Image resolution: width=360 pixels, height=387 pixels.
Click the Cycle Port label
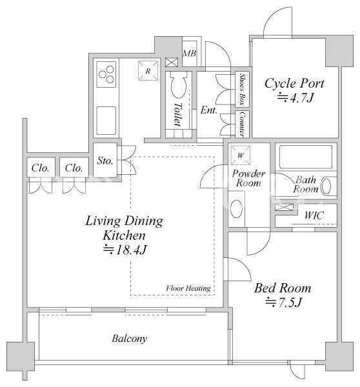tap(294, 83)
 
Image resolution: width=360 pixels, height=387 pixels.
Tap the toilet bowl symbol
tap(179, 85)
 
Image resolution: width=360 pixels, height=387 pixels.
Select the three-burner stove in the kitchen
tap(106, 74)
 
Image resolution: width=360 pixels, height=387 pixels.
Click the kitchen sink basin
tap(106, 121)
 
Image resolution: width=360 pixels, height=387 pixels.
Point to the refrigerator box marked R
tap(148, 70)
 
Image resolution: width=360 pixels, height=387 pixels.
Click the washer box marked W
tap(240, 155)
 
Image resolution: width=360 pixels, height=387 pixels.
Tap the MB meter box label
tap(190, 54)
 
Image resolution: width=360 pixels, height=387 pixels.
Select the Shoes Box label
tap(243, 89)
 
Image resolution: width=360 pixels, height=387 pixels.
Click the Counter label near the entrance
tap(243, 124)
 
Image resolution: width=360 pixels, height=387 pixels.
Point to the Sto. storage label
tap(105, 161)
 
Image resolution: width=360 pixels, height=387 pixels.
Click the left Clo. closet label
tap(40, 168)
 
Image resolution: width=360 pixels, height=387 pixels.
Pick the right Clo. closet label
tap(74, 168)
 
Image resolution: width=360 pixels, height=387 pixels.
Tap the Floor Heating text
tap(188, 288)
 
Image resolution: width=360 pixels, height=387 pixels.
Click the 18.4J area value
tap(125, 250)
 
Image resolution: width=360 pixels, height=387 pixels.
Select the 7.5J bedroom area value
tap(283, 302)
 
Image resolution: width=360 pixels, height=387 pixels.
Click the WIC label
tap(314, 215)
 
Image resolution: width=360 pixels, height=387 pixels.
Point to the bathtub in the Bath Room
tap(306, 157)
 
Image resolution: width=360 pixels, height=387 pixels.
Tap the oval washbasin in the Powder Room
tap(236, 209)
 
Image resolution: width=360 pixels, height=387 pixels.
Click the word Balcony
tap(130, 338)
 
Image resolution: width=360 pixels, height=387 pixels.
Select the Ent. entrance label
tap(208, 110)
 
